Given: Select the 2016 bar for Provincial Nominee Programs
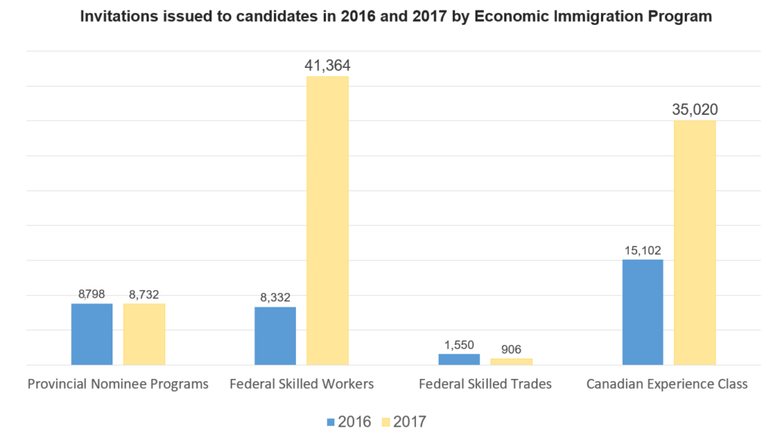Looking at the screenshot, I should point(91,334).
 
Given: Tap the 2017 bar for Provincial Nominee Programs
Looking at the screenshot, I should point(144,334).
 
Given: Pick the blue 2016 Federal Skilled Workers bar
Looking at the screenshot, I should point(275,335).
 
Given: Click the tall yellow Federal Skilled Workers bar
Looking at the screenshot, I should point(328,220).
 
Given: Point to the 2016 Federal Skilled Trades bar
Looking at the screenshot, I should point(459,359).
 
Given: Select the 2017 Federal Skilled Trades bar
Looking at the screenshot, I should point(511,361).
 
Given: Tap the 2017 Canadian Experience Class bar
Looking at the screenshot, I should point(694,242).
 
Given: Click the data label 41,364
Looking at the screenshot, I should point(328,66).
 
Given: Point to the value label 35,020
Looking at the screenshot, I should point(694,110).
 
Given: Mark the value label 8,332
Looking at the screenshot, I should point(275,298).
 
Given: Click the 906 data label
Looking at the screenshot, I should point(511,349).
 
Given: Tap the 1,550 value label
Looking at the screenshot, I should point(459,344).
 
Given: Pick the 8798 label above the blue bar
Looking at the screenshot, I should point(91,294).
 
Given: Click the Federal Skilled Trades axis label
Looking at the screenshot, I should point(485,384).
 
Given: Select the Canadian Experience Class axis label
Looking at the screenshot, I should point(667,384).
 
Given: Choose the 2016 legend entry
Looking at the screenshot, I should point(350,421).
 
